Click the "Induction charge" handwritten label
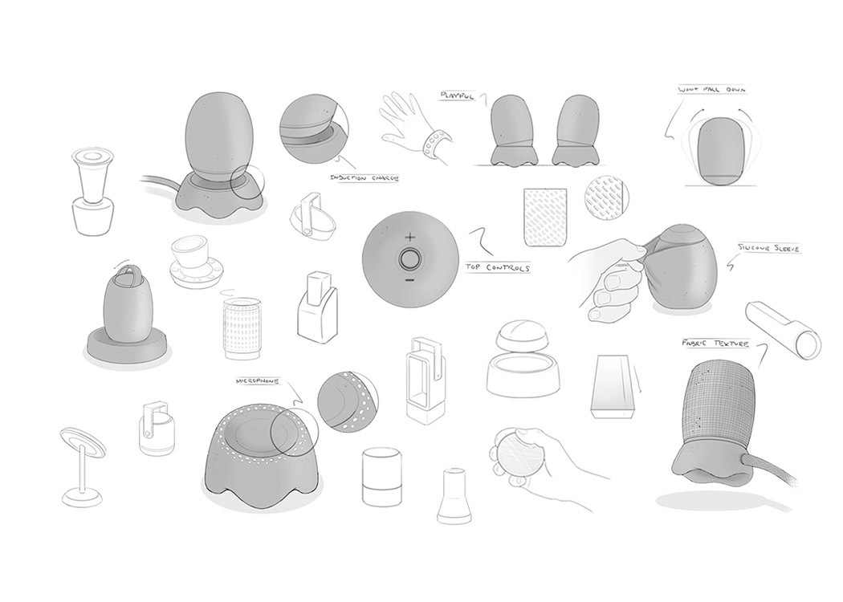(365, 177)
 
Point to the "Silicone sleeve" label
(769, 250)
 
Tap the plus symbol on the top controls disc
(410, 237)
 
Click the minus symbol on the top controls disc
(410, 280)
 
